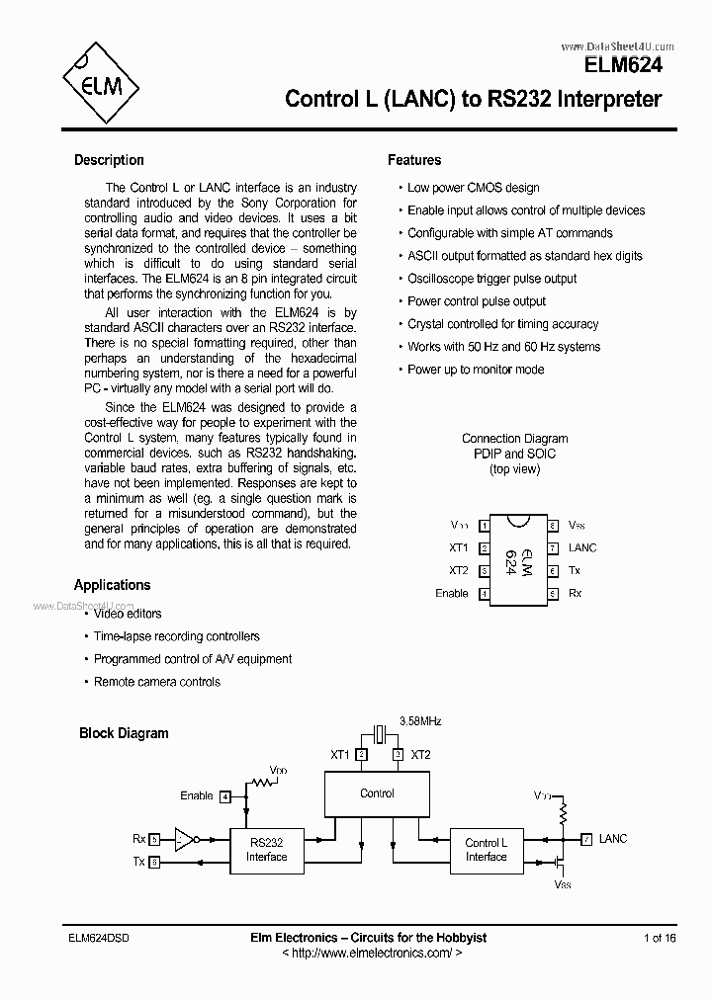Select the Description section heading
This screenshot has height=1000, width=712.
pos(109,160)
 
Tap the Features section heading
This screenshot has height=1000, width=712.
pos(414,160)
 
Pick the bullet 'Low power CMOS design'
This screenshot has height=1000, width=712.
pos(473,188)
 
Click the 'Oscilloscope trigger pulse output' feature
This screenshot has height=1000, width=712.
pos(491,279)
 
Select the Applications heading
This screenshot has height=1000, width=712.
pos(112,585)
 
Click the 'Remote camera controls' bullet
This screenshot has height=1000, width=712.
pos(156,682)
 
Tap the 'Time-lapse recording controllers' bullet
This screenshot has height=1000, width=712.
pos(176,636)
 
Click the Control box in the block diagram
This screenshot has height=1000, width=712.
pos(377,793)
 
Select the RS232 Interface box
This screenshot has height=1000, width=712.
pos(266,850)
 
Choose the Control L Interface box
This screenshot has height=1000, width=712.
pos(486,850)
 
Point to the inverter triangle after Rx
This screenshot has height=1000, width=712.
pos(183,839)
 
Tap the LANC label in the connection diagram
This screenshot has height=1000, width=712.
pos(582,547)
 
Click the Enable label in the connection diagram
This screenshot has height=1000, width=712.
pos(451,593)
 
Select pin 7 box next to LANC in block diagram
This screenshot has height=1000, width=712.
pos(587,839)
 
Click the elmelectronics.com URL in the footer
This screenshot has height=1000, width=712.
pos(372,953)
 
